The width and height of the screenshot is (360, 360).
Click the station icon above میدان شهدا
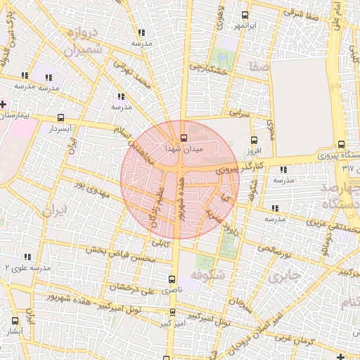coord(184,137)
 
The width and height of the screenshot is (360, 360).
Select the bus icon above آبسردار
coord(61,118)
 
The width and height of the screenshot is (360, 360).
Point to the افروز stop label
coord(254,150)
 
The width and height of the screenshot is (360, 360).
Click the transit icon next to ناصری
coord(172,279)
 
